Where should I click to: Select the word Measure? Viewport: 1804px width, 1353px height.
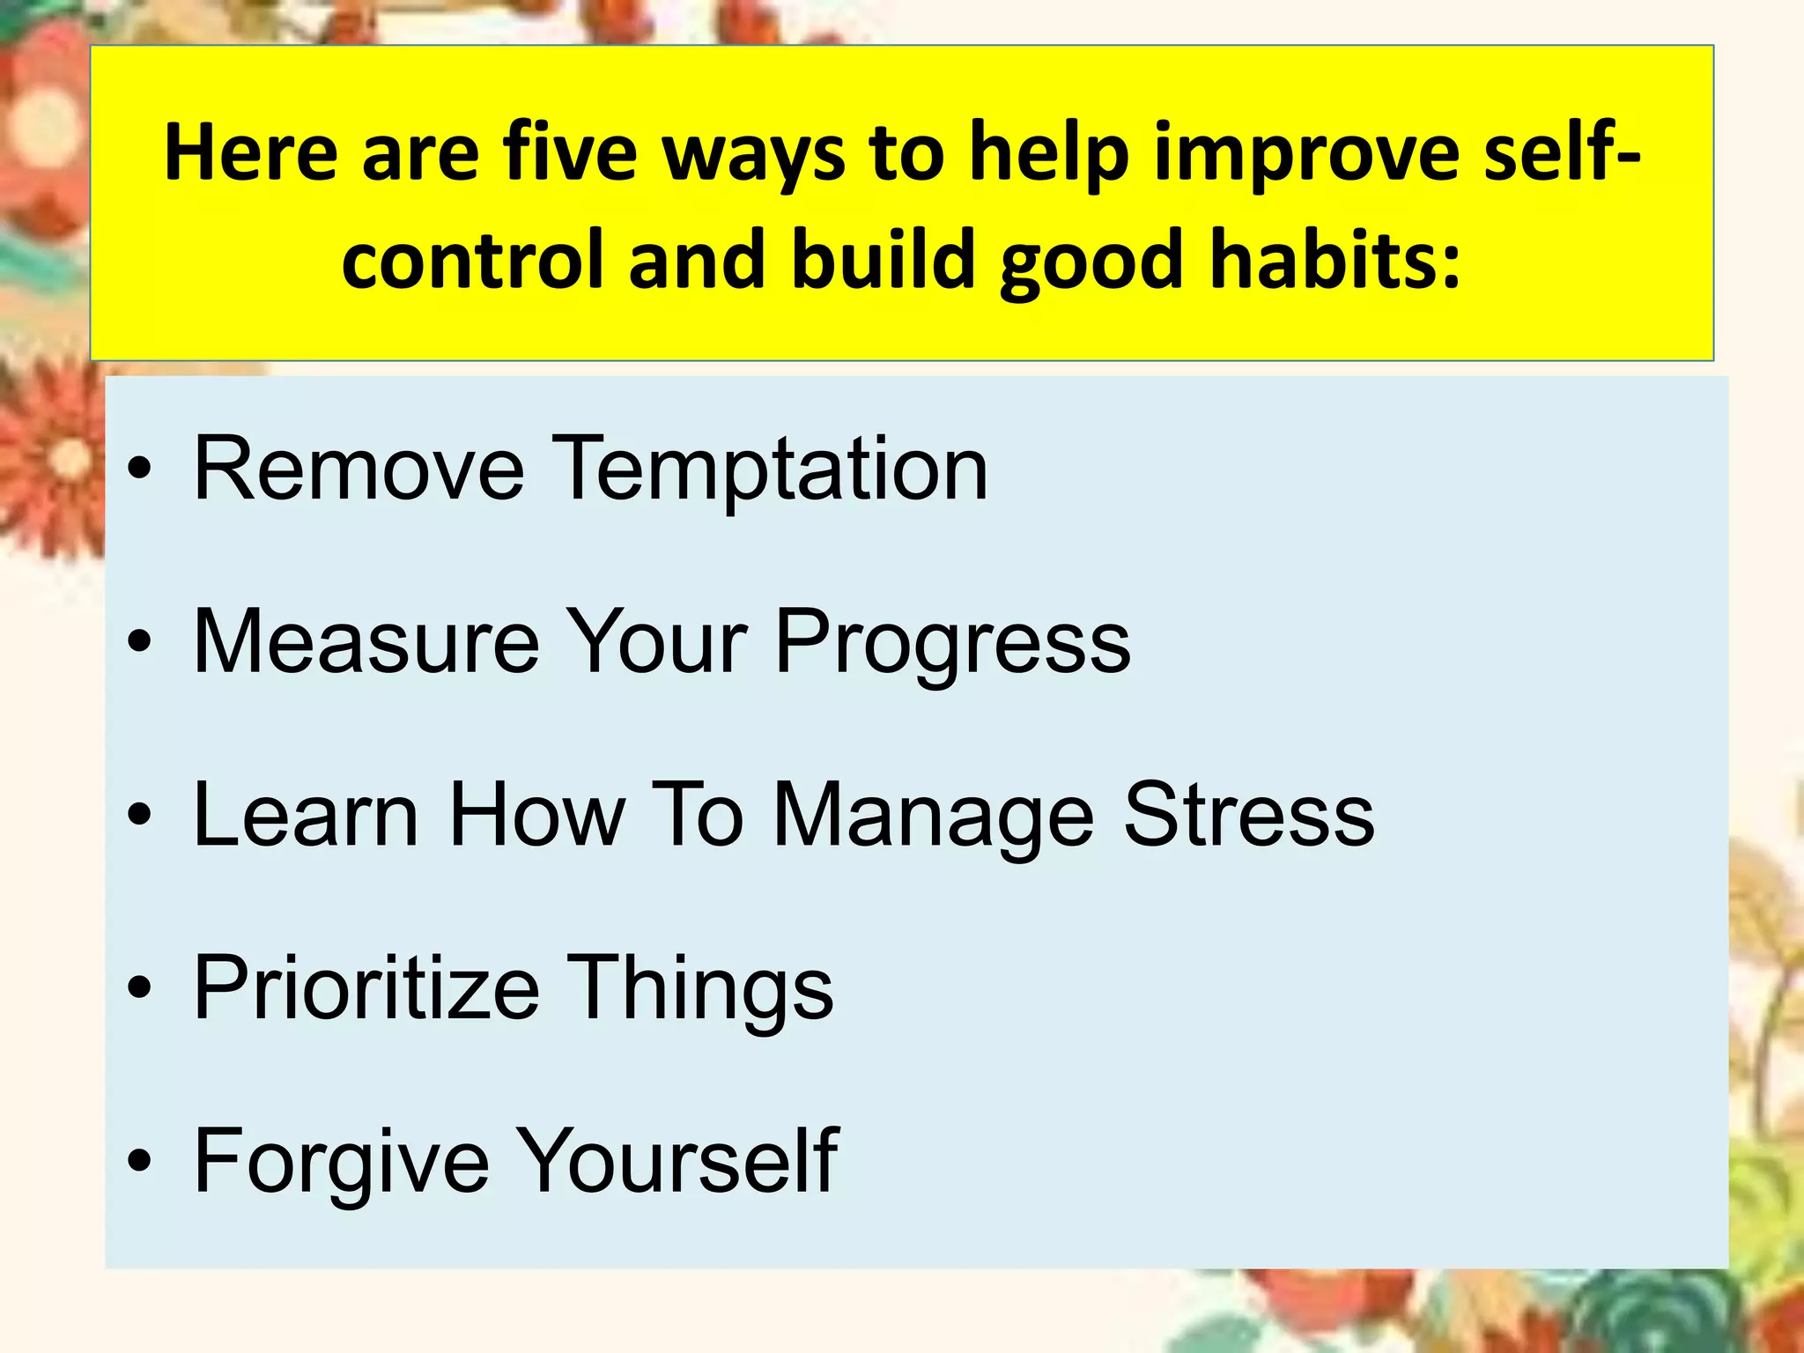coord(366,642)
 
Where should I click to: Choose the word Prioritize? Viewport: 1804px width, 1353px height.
coord(366,989)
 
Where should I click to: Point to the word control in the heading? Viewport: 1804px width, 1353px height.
coord(472,261)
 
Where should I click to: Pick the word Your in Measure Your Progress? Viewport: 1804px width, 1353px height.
coord(655,642)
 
